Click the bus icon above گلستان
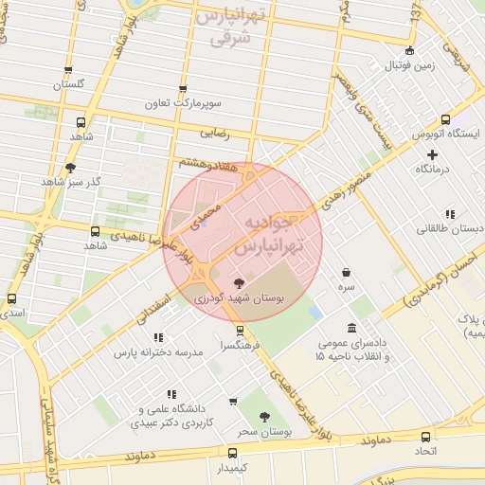[x=68, y=70]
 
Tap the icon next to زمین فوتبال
[x=409, y=51]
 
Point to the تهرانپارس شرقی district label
[x=231, y=28]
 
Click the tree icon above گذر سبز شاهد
[x=70, y=168]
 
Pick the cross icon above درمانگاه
[x=433, y=154]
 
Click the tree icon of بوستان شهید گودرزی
[x=238, y=281]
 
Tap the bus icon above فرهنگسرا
[x=240, y=331]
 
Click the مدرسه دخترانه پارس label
[x=159, y=351]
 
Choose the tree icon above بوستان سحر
[x=264, y=416]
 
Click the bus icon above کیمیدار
[x=232, y=454]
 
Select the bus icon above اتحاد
[x=425, y=437]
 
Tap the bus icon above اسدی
[x=12, y=297]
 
